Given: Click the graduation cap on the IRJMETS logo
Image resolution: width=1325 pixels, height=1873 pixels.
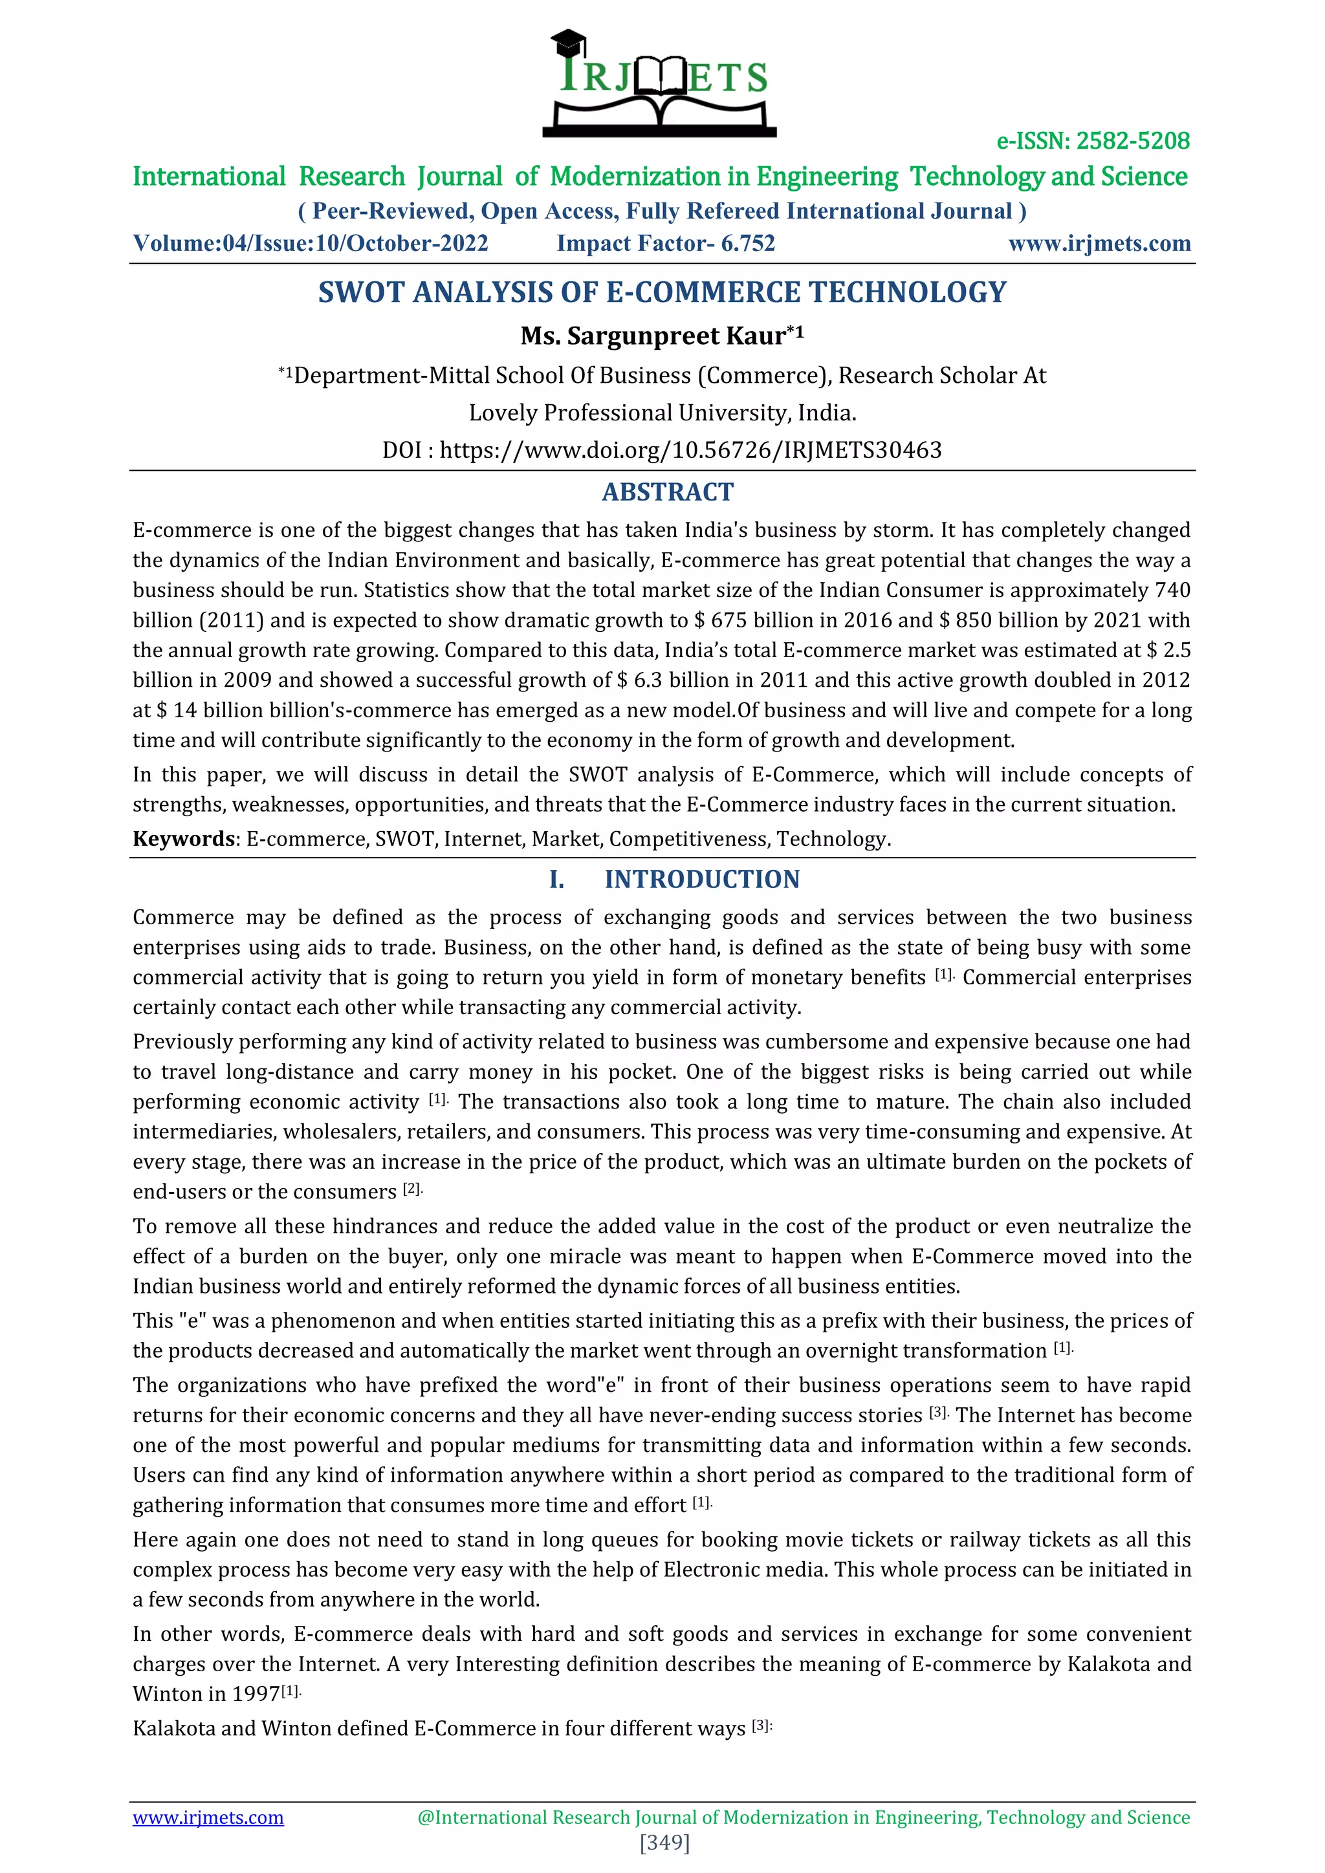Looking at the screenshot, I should pyautogui.click(x=568, y=41).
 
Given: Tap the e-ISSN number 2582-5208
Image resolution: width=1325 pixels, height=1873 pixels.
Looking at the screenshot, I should pyautogui.click(x=1132, y=141).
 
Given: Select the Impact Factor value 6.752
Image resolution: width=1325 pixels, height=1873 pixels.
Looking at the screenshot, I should pyautogui.click(x=747, y=243).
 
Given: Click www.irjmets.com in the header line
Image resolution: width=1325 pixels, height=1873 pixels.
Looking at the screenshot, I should pyautogui.click(x=1099, y=243).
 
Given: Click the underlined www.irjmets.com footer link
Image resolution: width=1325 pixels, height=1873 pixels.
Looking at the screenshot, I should pyautogui.click(x=208, y=1817).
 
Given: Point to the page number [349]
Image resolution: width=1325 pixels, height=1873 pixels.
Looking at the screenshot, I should pyautogui.click(x=665, y=1843).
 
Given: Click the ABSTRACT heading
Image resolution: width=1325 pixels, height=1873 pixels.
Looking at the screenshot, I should pyautogui.click(x=668, y=492).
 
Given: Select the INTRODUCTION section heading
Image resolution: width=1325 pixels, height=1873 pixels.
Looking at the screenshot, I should pyautogui.click(x=702, y=880).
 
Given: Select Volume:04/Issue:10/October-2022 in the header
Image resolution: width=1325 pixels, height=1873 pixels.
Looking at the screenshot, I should pyautogui.click(x=310, y=243).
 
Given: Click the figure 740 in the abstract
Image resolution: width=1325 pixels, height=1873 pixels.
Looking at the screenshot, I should pyautogui.click(x=1172, y=590).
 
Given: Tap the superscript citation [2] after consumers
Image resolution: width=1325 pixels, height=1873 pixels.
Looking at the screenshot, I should pyautogui.click(x=412, y=1189).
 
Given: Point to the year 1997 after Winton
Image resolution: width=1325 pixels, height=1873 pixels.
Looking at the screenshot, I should pyautogui.click(x=256, y=1694).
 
